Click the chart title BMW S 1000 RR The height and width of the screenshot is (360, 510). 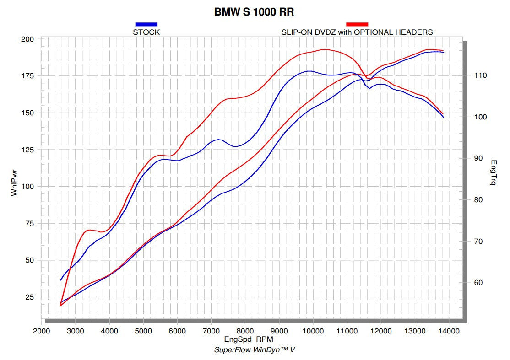(254, 11)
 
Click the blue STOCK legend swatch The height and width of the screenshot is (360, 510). (146, 24)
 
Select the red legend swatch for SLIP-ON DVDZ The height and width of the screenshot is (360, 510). (357, 24)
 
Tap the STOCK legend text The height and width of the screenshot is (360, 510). (146, 32)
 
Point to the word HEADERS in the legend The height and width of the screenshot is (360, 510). (415, 32)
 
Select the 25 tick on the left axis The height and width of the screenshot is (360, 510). (29, 297)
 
